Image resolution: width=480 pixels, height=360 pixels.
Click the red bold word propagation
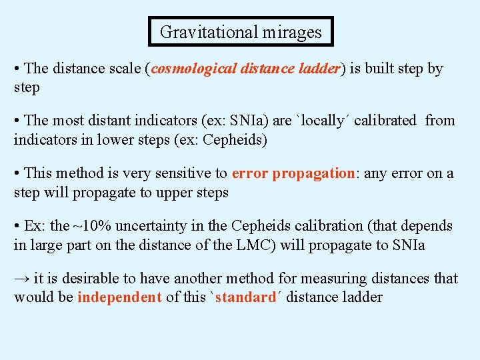[x=313, y=173]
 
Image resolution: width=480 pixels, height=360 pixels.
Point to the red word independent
[x=119, y=297]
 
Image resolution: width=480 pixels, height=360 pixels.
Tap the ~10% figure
[x=87, y=226]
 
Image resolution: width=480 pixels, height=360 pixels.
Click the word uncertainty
[x=149, y=226]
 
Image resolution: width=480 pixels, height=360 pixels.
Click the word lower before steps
[x=117, y=140]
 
